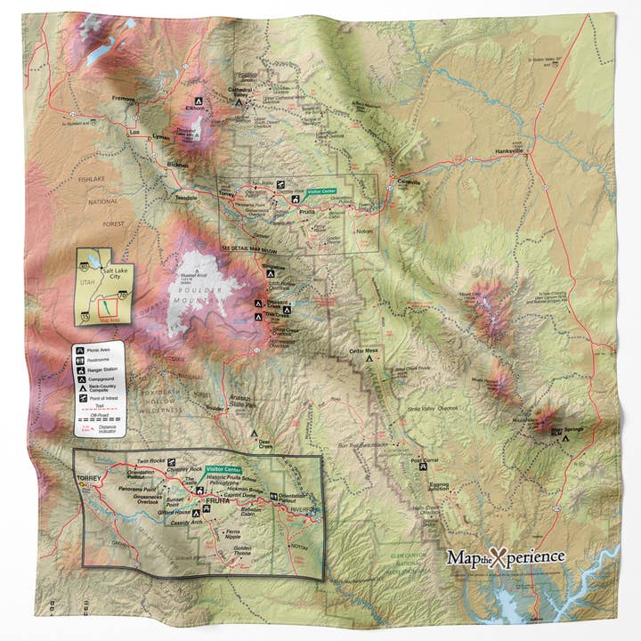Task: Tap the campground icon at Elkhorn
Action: click(198, 101)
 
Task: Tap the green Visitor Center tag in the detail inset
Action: click(223, 469)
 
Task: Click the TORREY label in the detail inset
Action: click(91, 478)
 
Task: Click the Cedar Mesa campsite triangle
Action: click(369, 359)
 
